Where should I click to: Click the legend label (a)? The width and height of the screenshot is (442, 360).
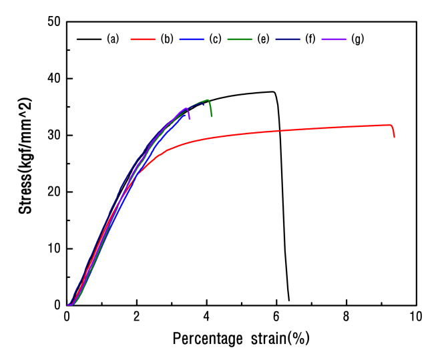tap(112, 39)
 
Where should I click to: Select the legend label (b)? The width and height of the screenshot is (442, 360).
tap(167, 39)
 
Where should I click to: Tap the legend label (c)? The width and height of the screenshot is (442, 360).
tap(215, 39)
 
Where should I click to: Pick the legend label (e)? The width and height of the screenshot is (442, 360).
tap(262, 39)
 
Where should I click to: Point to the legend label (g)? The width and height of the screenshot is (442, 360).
tap(358, 39)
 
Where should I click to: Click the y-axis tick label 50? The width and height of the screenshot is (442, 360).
tap(53, 22)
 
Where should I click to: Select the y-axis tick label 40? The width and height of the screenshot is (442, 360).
tap(53, 79)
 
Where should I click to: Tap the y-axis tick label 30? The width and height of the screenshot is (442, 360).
tap(53, 136)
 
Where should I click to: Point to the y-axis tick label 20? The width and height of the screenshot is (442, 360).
tap(53, 192)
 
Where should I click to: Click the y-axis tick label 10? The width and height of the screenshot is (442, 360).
tap(53, 249)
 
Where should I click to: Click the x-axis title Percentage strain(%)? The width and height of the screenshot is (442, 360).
tap(241, 339)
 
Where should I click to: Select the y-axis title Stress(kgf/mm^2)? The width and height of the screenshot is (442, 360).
tap(25, 164)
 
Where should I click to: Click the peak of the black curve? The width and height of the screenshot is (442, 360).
tap(272, 92)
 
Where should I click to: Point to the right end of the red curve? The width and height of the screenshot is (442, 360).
tap(394, 137)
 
